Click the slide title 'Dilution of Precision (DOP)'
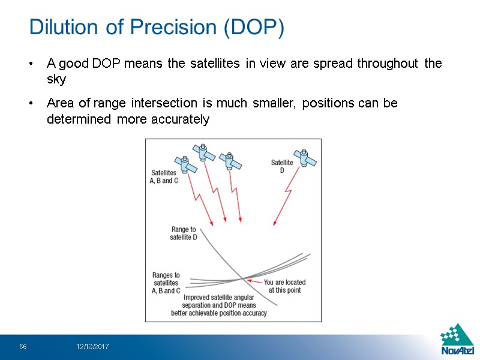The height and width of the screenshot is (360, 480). coord(157,27)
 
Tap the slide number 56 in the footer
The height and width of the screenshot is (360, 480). coord(23,347)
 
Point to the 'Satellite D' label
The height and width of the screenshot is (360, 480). coord(282,166)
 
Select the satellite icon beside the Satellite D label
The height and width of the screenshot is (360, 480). coord(307,158)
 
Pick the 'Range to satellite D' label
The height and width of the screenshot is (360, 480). coord(184,233)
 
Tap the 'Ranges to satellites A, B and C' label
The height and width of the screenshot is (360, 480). coord(166,283)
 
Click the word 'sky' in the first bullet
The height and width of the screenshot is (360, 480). coord(56,79)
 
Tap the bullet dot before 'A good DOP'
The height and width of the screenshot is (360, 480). coord(32,64)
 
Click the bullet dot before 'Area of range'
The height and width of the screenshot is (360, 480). coord(32,104)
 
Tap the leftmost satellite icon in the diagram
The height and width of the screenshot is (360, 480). coord(185,164)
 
